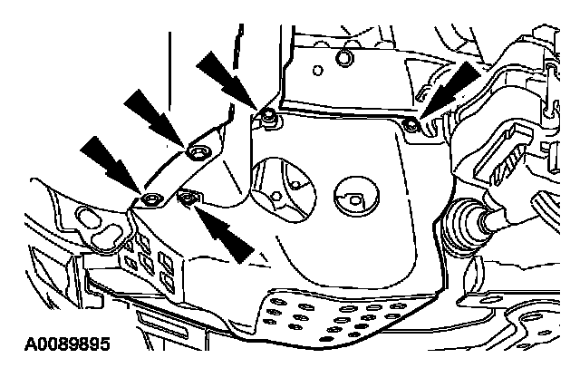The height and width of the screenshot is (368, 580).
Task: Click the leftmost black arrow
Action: coord(108,160)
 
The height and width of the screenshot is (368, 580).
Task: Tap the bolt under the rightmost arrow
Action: coord(411,122)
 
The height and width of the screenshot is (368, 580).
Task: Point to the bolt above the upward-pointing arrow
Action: coord(189,197)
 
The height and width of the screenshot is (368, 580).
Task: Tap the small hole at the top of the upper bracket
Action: coord(342,60)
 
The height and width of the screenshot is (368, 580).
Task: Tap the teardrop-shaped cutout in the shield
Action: coord(280,182)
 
